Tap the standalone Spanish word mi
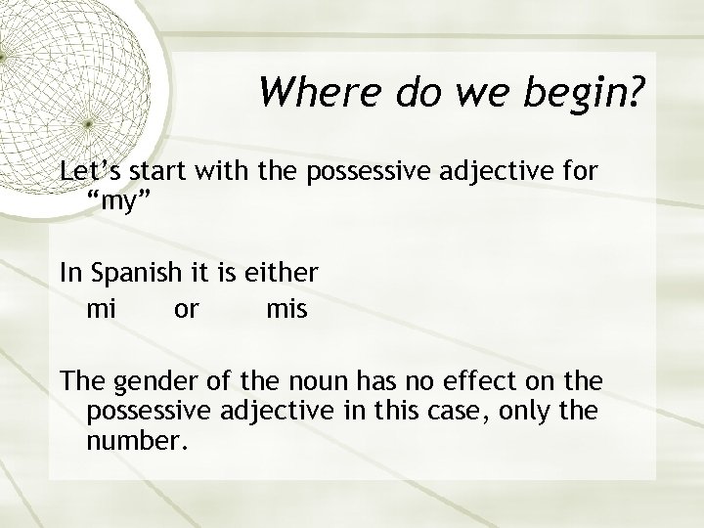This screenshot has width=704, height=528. (102, 309)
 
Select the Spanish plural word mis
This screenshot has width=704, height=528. (286, 309)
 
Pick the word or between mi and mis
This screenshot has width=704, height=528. (186, 311)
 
